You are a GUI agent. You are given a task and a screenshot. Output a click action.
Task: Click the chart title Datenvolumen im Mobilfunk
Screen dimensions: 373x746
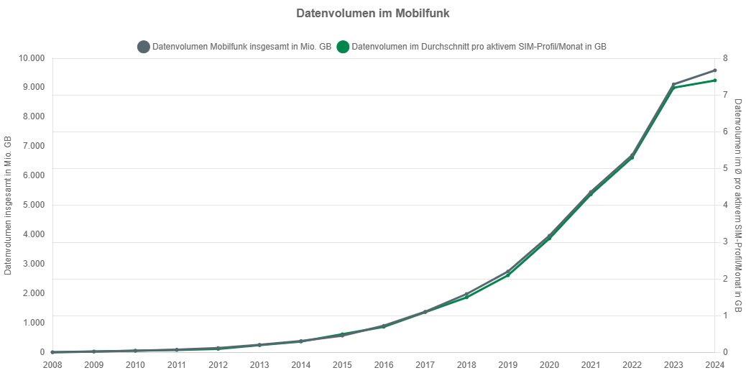[x=372, y=14]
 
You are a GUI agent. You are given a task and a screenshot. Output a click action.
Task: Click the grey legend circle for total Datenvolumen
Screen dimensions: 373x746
[x=143, y=47]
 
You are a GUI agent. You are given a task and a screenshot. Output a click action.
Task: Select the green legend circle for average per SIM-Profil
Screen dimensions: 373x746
[x=343, y=47]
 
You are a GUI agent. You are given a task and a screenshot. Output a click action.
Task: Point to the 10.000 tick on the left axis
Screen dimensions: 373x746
[x=31, y=58]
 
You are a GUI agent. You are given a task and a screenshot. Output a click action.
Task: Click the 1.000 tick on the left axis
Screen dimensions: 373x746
[x=33, y=323]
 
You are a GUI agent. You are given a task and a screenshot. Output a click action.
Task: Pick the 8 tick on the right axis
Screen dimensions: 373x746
[x=725, y=58]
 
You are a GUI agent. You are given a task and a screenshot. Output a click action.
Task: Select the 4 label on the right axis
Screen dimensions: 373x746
[x=725, y=205]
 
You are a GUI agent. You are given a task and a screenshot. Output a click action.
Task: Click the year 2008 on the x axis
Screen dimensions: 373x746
[x=52, y=365]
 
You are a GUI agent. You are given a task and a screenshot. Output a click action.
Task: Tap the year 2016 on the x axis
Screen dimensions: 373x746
[x=384, y=365]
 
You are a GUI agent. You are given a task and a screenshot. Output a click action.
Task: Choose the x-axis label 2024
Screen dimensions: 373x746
[x=714, y=365]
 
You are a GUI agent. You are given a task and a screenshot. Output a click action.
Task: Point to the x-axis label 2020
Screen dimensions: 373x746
[x=549, y=365]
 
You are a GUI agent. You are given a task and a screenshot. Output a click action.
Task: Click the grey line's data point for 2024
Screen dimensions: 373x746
[x=714, y=70]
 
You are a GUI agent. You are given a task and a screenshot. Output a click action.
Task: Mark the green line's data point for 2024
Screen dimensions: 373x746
[x=714, y=80]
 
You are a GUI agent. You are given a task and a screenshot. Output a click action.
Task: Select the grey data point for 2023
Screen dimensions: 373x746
[x=673, y=84]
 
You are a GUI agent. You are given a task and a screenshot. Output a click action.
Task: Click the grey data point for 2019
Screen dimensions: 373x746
[x=507, y=272]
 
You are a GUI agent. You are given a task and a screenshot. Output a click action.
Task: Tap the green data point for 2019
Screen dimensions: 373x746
[x=507, y=276]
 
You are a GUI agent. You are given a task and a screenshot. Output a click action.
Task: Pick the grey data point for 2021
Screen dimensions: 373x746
[x=591, y=192]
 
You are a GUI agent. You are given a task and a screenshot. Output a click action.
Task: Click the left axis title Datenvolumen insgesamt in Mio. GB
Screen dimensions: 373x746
[x=9, y=205]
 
